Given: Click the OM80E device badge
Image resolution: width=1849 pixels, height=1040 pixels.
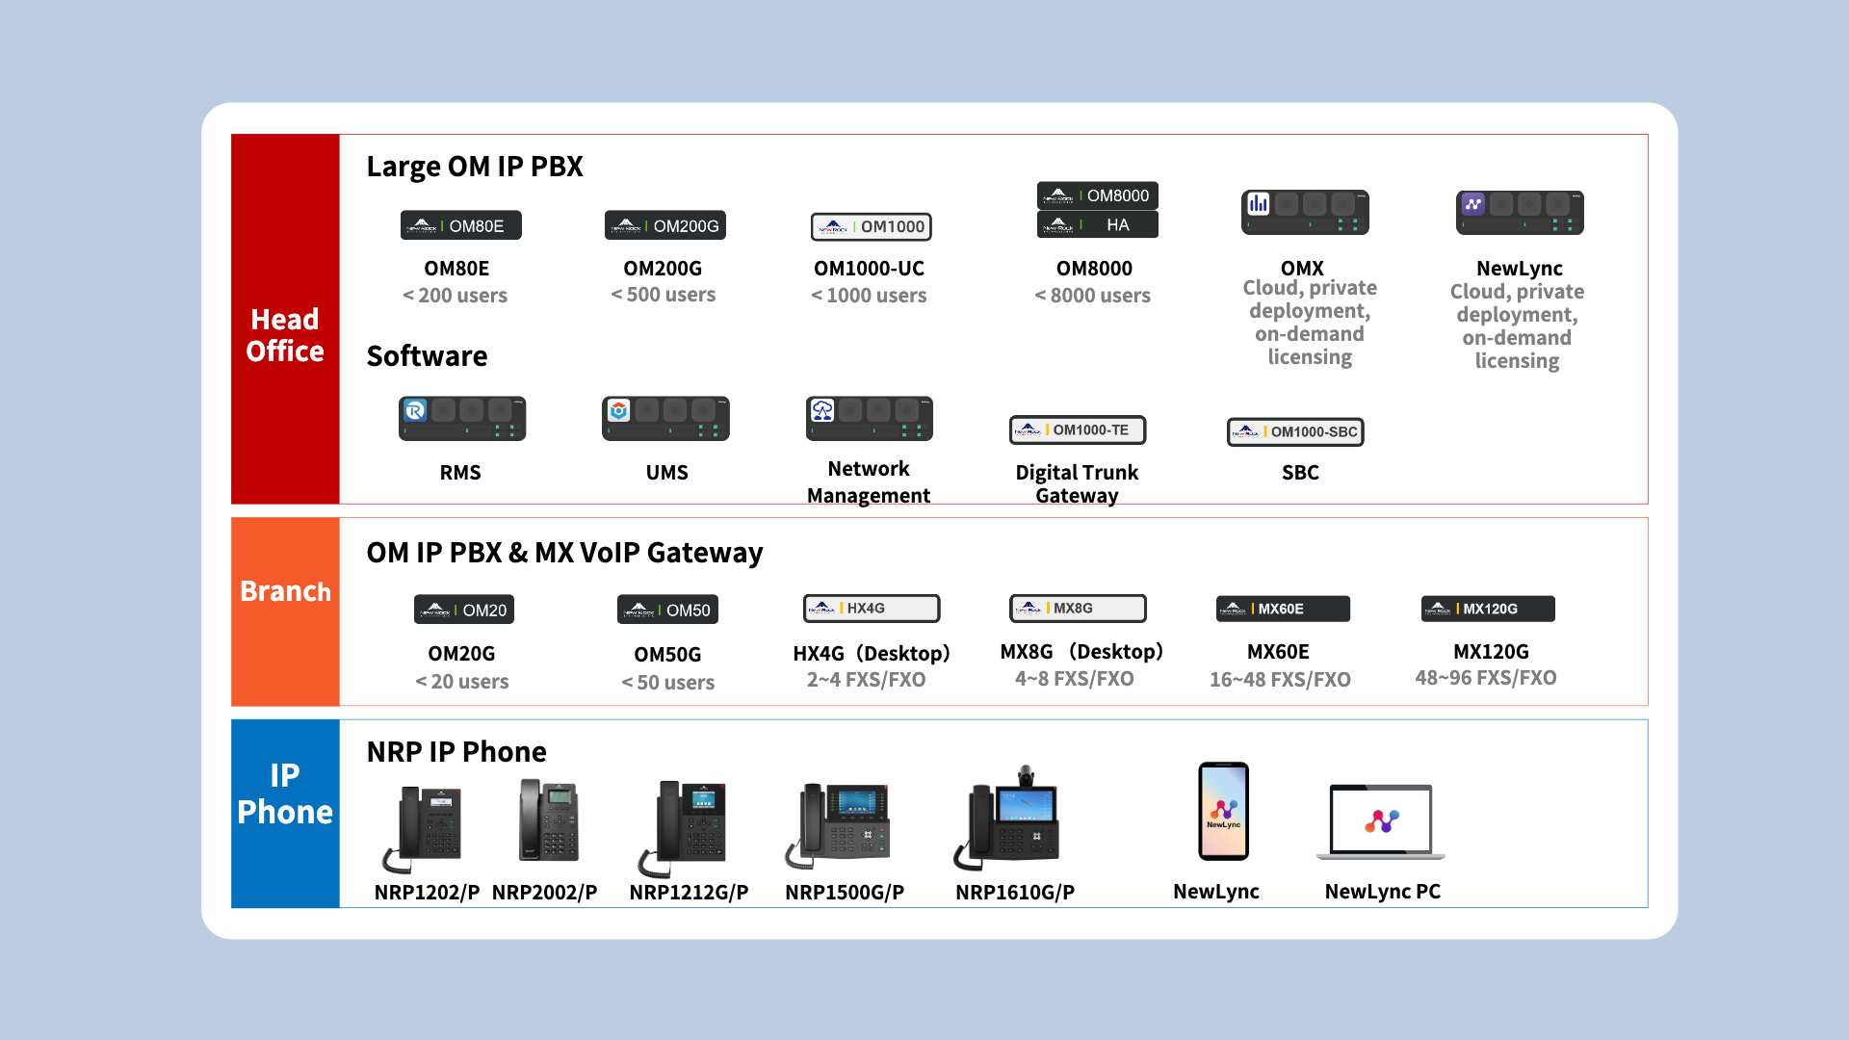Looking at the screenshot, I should pos(460,225).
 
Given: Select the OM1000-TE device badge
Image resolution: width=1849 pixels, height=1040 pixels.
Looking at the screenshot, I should pos(1078,430).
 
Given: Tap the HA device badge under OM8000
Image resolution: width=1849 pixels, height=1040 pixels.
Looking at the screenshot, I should pos(1097,225).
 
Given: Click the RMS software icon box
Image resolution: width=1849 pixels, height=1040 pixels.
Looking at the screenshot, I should pos(462,419).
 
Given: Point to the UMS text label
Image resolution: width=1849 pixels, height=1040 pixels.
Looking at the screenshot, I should pos(666,473).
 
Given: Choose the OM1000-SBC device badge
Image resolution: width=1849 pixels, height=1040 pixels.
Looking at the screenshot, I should pos(1295,432).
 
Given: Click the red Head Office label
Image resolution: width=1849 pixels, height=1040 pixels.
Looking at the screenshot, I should pos(285,335).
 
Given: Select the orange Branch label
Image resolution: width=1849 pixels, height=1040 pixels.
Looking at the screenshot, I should pos(285,591).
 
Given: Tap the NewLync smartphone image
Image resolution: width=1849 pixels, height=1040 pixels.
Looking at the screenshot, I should pos(1223,811).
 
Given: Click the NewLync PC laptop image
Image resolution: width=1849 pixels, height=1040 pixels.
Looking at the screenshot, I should pos(1381,821).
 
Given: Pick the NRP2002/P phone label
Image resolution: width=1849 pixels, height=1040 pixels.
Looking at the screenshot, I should pos(544,893).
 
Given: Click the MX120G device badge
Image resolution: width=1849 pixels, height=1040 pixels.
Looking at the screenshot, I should pos(1488,609).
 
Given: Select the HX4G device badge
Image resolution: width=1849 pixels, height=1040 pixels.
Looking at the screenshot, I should pos(872,609).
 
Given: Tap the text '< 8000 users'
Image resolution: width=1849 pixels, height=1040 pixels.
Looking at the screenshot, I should pos(1092,296).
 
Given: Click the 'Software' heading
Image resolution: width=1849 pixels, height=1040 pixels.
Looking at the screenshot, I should pos(427,356).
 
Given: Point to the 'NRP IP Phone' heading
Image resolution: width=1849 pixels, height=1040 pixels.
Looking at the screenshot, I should pos(456,752).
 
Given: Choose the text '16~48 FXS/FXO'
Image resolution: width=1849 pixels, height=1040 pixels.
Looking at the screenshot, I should pos(1280,680).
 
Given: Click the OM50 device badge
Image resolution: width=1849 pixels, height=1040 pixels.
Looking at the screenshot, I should pos(667,611).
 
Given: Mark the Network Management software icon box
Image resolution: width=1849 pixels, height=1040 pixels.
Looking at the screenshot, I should pos(869,419).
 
